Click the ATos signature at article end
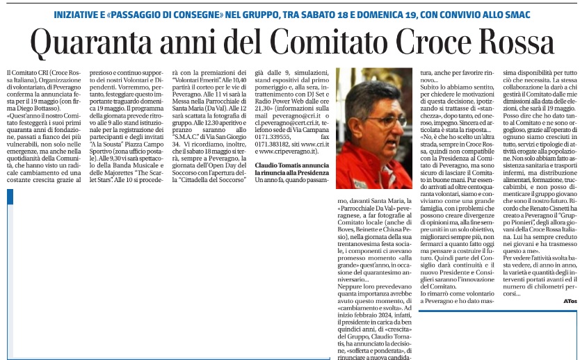[570, 300]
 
